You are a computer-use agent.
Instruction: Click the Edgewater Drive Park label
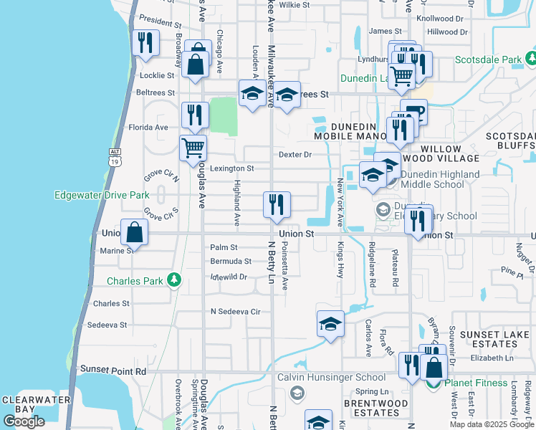click(102, 195)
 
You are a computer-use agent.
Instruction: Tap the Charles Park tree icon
click(173, 279)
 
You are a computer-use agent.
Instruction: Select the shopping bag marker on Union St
click(135, 232)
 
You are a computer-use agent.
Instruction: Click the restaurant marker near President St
click(146, 43)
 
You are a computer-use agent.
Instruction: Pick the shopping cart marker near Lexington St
click(193, 148)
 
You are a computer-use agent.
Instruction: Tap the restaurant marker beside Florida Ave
click(195, 115)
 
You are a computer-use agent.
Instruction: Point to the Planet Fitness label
click(479, 382)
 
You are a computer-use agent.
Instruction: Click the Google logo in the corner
click(24, 421)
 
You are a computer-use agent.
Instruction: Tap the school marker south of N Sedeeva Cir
click(330, 324)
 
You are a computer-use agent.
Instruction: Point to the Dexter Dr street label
click(295, 154)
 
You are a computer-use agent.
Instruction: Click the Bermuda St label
click(231, 262)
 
